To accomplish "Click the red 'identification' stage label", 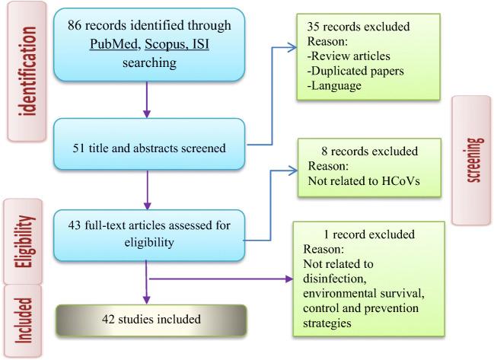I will (30, 71).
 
